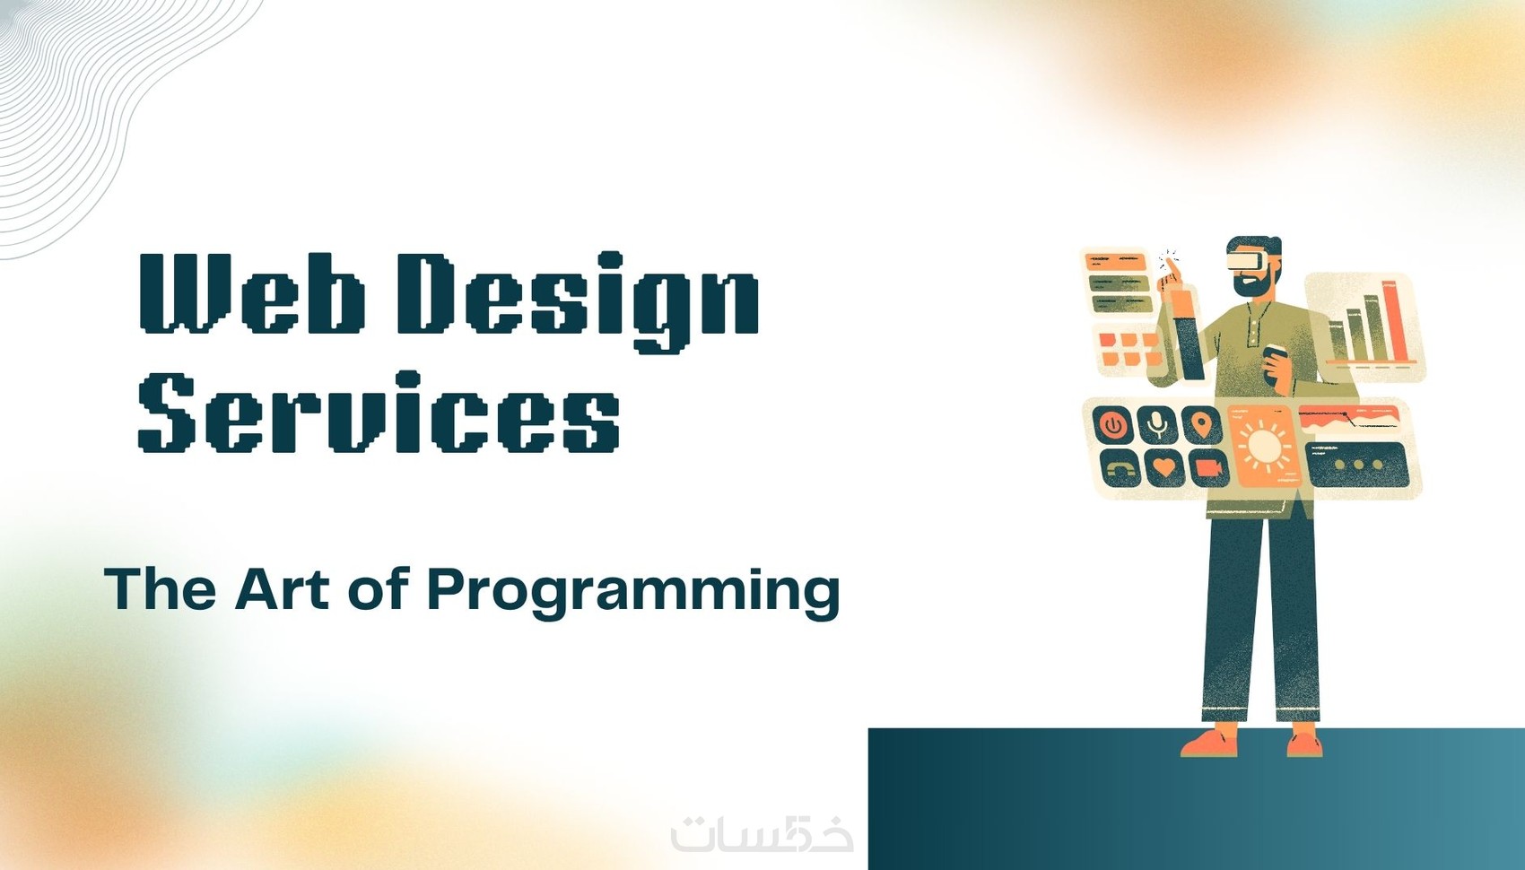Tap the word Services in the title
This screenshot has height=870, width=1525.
coord(379,412)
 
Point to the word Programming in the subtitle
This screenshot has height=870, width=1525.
coord(633,594)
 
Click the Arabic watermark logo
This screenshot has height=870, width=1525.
coord(762,831)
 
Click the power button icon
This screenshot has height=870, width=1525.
coord(1112,425)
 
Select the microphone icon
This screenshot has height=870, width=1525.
coord(1156,425)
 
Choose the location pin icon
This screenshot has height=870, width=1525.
coord(1201,425)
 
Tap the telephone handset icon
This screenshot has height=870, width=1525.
coord(1120,468)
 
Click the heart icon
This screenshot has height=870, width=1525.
coord(1164,467)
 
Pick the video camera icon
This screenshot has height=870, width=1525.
coord(1209,467)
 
